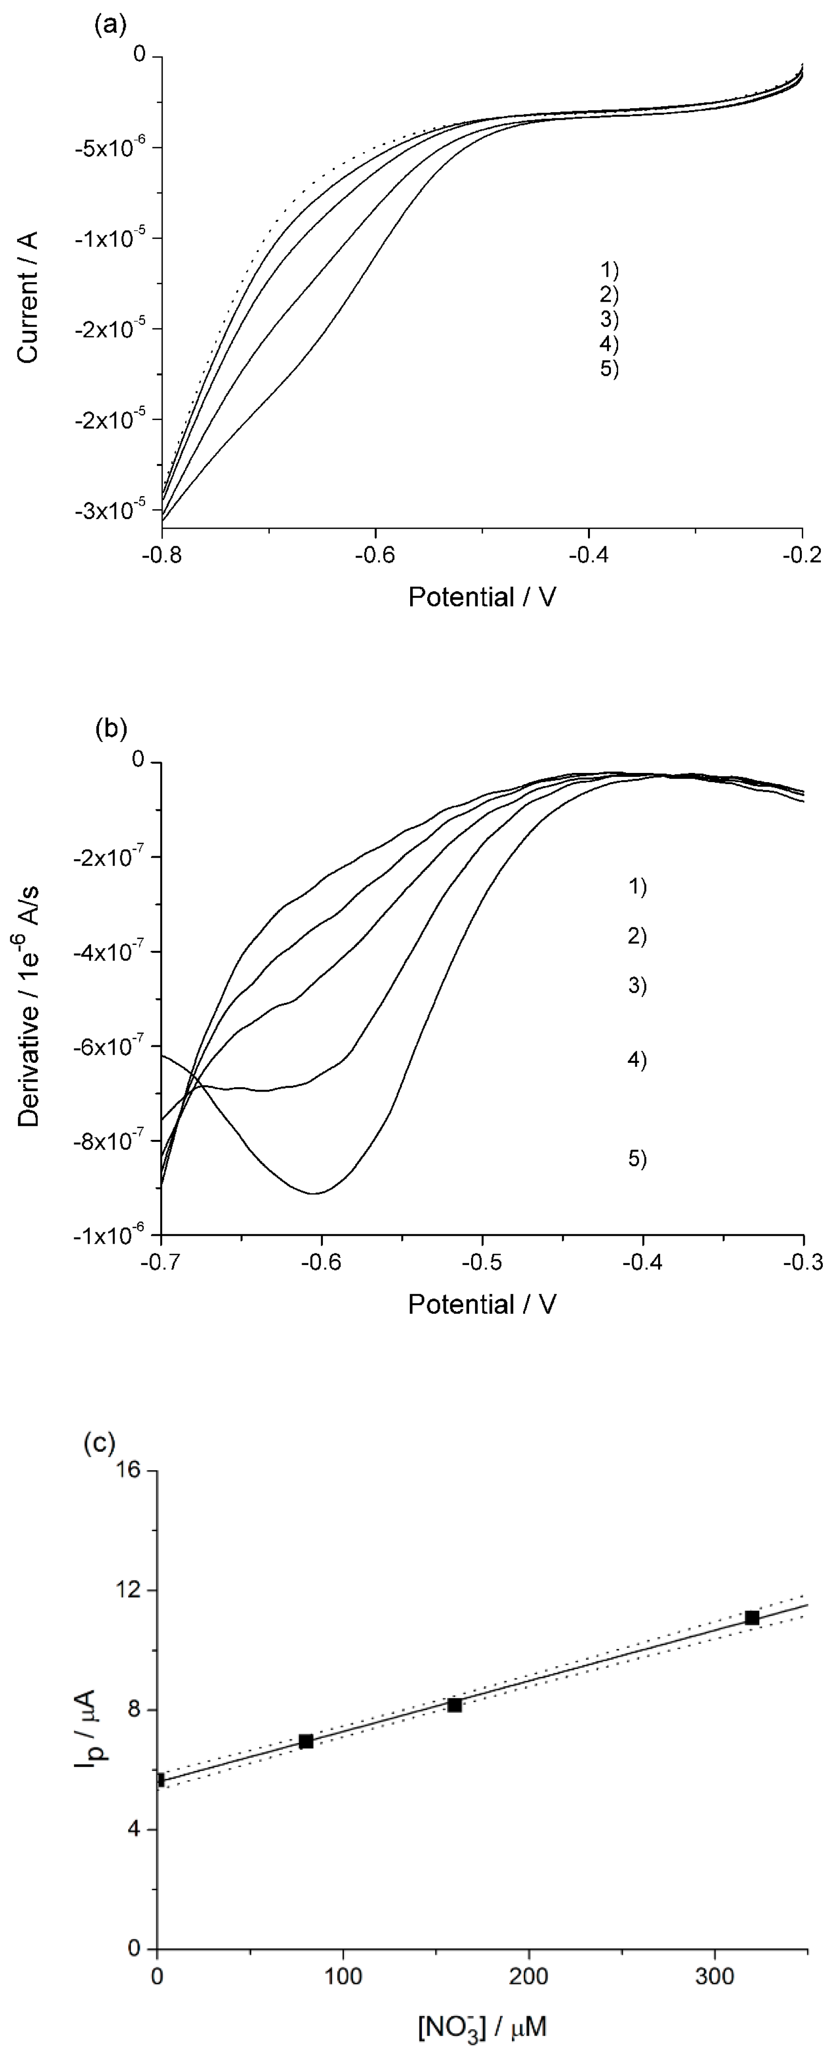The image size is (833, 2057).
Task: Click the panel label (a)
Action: [109, 25]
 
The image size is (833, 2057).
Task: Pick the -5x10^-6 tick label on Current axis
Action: [114, 148]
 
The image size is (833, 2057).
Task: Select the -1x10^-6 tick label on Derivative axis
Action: [114, 1235]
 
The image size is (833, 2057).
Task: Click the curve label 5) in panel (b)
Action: [637, 1159]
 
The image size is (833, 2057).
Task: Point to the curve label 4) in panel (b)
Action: [637, 1060]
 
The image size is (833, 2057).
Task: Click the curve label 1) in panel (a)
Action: [609, 269]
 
